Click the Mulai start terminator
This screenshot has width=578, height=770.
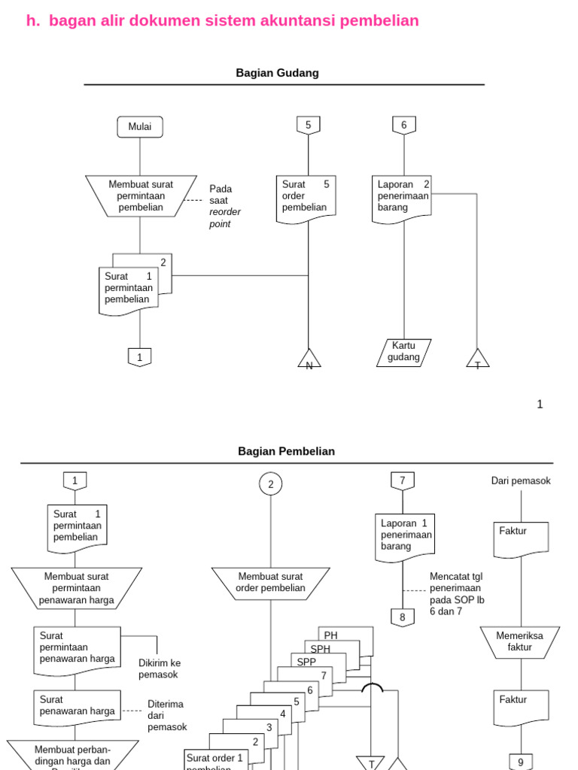tap(140, 127)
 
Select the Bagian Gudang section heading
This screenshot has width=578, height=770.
tap(277, 73)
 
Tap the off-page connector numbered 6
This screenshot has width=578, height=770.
tap(403, 126)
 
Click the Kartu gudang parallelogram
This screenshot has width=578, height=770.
tap(403, 352)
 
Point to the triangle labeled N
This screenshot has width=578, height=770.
tap(309, 359)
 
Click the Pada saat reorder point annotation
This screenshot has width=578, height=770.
tap(225, 206)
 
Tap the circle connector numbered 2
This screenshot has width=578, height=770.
tap(271, 484)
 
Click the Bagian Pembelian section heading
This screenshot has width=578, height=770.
tap(286, 451)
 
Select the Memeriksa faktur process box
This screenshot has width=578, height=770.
tap(519, 641)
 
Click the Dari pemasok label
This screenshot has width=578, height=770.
tap(521, 480)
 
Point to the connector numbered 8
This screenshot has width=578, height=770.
tap(402, 617)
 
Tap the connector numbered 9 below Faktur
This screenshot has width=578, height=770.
tap(520, 762)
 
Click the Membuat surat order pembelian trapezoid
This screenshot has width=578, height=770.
tap(271, 583)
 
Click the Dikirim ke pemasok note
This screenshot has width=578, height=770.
tap(160, 668)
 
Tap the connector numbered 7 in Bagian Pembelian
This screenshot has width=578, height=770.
tap(402, 480)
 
